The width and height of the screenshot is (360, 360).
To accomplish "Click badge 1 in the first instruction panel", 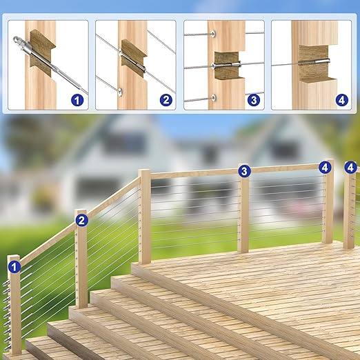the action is pos(77,101).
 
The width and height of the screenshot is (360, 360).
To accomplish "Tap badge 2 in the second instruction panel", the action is pos(166,100).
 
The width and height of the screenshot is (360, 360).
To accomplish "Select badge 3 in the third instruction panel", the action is pos(254,100).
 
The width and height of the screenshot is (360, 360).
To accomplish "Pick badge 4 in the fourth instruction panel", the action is pos(342,100).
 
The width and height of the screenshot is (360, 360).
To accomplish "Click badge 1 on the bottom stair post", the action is pos(14,267).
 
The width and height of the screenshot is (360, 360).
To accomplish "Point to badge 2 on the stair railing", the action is pos(81,221).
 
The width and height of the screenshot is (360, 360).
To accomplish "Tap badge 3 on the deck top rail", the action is pos(244,171).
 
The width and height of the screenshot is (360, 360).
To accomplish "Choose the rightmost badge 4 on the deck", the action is pos(350,168).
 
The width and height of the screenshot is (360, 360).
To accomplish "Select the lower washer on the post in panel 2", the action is pos(120,91).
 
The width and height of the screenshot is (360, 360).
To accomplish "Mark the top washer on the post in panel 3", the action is pos(213,34).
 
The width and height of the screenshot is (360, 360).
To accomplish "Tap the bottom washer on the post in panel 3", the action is pos(213,98).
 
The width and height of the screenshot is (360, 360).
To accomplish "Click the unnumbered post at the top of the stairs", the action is pos(145,217).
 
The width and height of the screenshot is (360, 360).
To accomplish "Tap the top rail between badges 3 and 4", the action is pos(285,168).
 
